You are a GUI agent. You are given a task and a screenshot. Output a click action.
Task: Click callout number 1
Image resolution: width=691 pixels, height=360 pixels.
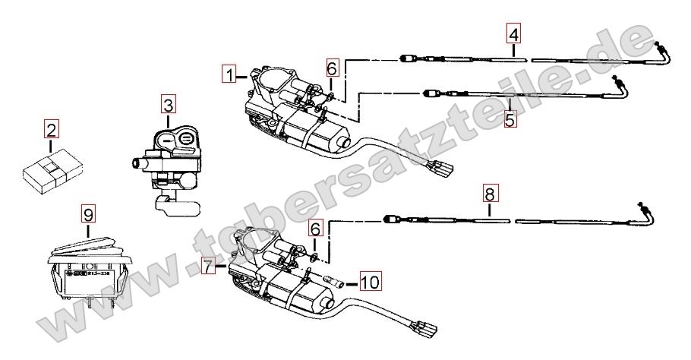(229, 74)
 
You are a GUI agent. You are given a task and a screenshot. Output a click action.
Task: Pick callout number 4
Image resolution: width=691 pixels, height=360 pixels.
(514, 34)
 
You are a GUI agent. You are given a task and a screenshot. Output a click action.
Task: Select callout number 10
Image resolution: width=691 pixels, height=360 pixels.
(369, 283)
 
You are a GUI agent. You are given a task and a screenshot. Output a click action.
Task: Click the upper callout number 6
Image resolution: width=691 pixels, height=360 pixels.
(332, 68)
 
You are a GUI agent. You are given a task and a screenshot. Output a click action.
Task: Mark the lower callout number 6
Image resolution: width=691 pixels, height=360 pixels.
(316, 227)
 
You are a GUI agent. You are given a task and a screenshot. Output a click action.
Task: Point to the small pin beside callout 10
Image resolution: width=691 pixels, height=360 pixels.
(334, 283)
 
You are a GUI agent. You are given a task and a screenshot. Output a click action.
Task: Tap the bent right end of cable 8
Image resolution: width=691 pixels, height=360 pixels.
(648, 213)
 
